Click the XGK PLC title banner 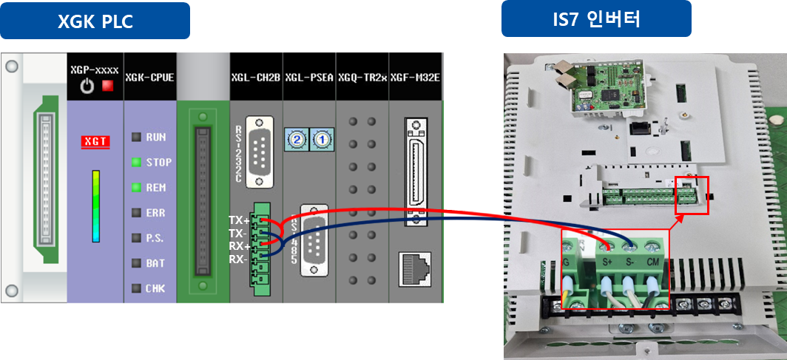point(95,22)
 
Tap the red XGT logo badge point(95,140)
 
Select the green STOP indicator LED point(136,162)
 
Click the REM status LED point(136,187)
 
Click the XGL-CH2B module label point(255,76)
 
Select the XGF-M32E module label point(416,76)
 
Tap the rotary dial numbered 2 point(297,138)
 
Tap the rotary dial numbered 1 point(321,138)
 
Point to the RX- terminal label point(237,259)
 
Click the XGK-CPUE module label point(150,76)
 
